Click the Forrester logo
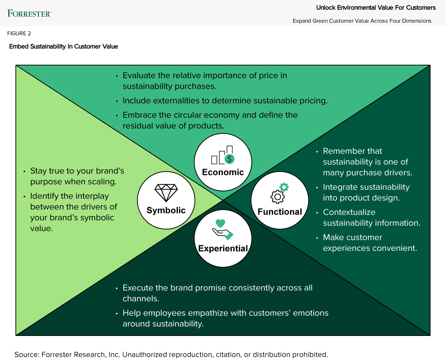coord(29,14)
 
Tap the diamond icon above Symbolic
coord(166,193)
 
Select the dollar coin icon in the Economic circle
coord(229,159)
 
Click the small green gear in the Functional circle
coord(284,187)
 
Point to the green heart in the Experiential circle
coord(220,223)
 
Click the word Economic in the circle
coord(223,172)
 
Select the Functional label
coord(280,212)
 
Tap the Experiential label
coord(223,249)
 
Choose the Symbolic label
coord(166,210)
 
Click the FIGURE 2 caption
coord(19,33)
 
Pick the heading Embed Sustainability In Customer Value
coord(64,46)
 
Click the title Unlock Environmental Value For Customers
coord(376,8)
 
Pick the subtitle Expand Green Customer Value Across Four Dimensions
coord(362,21)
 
